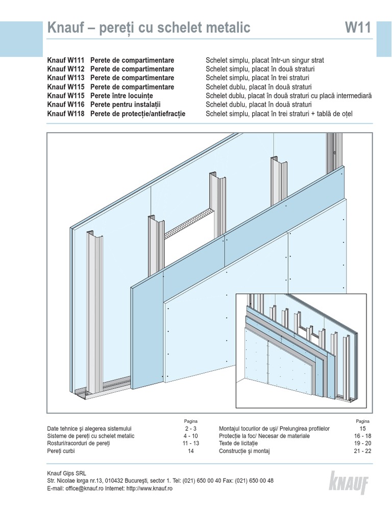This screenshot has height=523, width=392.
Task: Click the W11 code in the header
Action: pos(358,29)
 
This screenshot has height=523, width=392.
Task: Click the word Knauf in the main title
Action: pos(65,29)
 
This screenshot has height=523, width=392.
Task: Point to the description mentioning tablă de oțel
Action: pos(279,113)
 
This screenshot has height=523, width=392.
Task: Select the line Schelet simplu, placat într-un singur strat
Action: pos(264,60)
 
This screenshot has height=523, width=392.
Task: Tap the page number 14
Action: pos(191,451)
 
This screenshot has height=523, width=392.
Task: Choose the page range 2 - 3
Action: pos(191,429)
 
